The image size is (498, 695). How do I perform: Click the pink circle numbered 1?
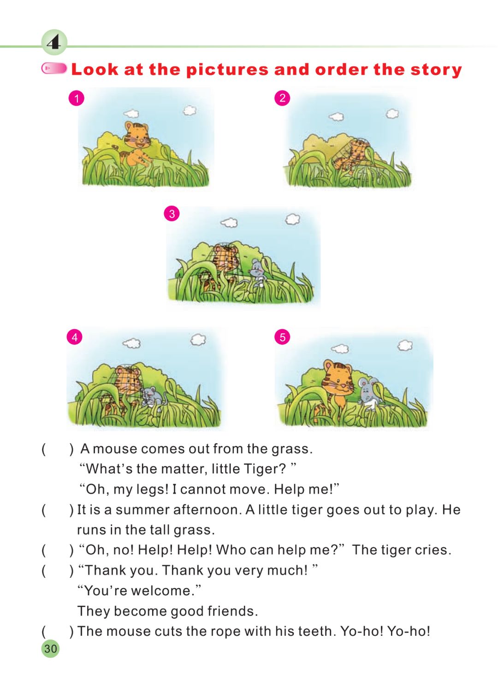coord(76,98)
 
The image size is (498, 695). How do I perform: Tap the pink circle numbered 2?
coord(282,98)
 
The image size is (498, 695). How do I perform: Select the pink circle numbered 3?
coord(172,213)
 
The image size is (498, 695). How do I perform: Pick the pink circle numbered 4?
coord(75,337)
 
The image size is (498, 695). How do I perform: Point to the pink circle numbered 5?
coord(282,337)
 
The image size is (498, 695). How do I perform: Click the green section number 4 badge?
coord(54,42)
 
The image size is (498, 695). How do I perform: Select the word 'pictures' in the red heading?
coord(227,70)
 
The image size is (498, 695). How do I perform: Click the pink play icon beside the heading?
coord(54,68)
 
